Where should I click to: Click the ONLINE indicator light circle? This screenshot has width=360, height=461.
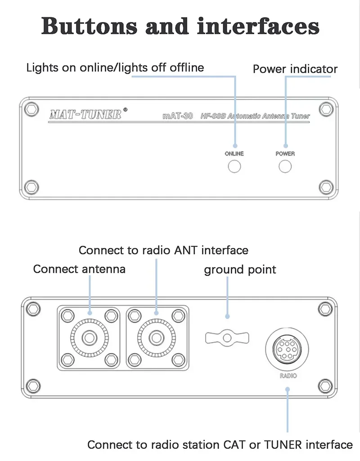click(234, 167)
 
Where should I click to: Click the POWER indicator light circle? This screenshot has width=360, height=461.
click(285, 167)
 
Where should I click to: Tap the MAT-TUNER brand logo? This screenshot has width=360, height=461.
click(85, 114)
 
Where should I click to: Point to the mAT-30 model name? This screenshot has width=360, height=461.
click(178, 116)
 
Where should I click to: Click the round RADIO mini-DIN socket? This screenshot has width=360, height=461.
click(287, 349)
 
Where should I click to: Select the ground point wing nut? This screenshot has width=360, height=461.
click(227, 338)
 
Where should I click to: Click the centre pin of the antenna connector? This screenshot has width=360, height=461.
click(90, 338)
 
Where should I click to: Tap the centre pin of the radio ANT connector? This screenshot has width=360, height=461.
click(156, 338)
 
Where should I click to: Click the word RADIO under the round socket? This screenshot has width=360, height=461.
click(288, 376)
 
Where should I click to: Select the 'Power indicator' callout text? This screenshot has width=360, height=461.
click(295, 69)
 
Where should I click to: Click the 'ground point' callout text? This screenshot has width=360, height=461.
click(240, 270)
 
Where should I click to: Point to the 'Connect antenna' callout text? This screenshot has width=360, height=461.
click(79, 269)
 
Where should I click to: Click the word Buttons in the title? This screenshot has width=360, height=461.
click(90, 26)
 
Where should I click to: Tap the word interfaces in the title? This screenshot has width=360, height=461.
click(258, 26)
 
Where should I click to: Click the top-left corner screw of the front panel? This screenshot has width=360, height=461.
click(31, 109)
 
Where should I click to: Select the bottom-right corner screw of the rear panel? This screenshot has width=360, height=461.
click(325, 386)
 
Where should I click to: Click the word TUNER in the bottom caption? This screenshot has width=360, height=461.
click(283, 445)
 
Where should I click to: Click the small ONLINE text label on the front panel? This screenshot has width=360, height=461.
click(234, 154)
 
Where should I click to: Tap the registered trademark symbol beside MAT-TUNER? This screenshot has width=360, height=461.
click(125, 110)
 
